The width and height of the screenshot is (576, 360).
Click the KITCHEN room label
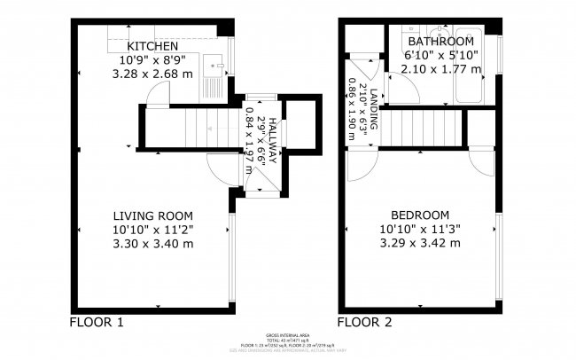[x=152, y=46]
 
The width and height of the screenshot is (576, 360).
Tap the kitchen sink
[x=213, y=65]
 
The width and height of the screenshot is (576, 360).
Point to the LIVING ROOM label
[x=152, y=215]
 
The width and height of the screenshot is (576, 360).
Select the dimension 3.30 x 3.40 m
[x=152, y=243]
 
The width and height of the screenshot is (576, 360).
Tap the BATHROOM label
[x=440, y=42]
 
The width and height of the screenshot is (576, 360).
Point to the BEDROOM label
[x=419, y=215]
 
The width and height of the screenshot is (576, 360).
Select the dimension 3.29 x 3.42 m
[x=419, y=243]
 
